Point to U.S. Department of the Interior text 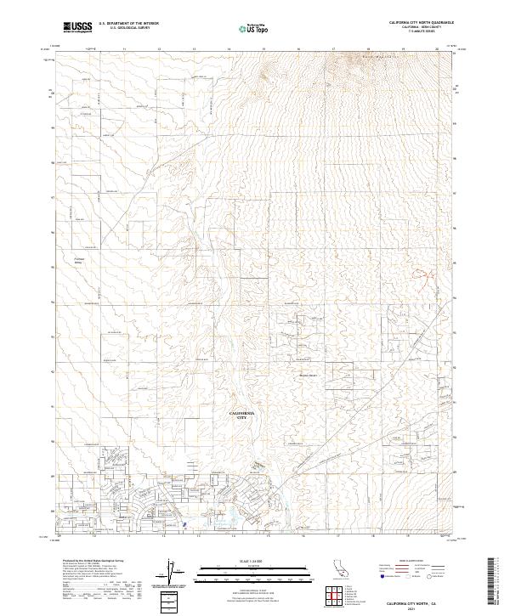[128, 24]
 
